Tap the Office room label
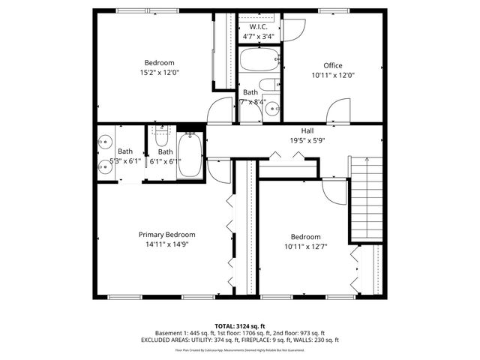(x=332, y=65)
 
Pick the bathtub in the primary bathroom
(x=189, y=155)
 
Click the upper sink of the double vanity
(x=103, y=140)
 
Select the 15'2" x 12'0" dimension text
(x=159, y=73)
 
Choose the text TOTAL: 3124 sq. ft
(x=240, y=325)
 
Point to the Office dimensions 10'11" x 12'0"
(x=332, y=75)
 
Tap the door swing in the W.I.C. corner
(x=293, y=27)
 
